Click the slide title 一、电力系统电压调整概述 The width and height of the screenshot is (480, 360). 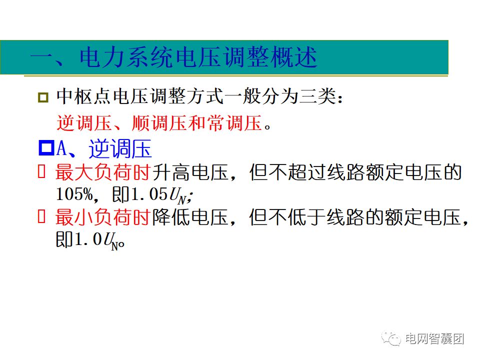pos(173,58)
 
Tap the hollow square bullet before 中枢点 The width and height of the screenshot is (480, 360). pos(43,97)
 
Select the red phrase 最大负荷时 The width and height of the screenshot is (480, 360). pos(103,173)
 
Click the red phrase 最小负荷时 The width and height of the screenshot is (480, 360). pos(103,218)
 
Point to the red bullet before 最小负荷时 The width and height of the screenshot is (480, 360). pos(42,217)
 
